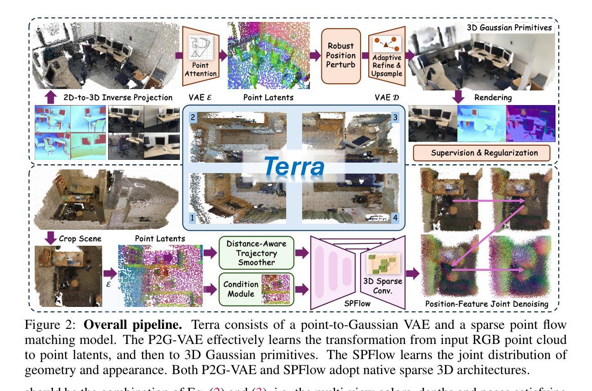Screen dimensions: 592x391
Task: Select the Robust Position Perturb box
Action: pos(341,55)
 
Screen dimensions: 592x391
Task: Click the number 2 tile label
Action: pos(193,117)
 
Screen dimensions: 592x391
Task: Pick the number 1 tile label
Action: pos(193,218)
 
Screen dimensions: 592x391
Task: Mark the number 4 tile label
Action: pos(396,218)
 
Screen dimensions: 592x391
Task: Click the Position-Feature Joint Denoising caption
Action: pos(486,304)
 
